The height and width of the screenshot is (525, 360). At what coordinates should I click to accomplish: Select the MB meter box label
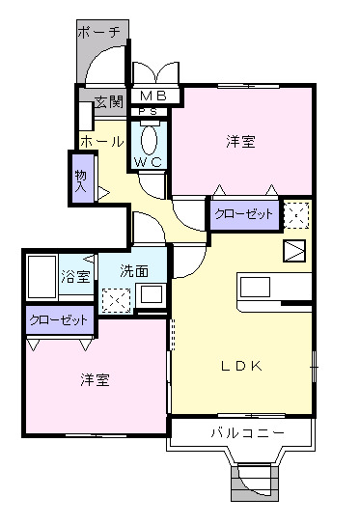click(152, 97)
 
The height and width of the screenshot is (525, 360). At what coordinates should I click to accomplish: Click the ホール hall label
click(101, 142)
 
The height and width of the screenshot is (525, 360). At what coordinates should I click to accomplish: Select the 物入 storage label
click(80, 180)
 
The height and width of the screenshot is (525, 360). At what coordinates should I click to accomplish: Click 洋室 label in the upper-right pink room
click(241, 142)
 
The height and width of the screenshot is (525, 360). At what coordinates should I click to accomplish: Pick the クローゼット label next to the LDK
click(243, 213)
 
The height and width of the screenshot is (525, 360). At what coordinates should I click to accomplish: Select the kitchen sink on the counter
click(257, 288)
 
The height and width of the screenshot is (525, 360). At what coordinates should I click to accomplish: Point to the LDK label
click(242, 364)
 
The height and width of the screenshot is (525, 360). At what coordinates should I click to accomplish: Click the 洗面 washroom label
click(135, 271)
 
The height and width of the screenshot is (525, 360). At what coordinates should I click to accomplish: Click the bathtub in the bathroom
click(42, 279)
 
